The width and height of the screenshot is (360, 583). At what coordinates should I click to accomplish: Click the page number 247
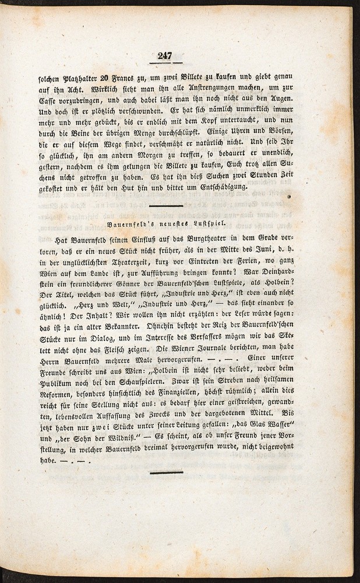click(165, 56)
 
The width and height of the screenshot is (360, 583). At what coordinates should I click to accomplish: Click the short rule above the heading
click(166, 206)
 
